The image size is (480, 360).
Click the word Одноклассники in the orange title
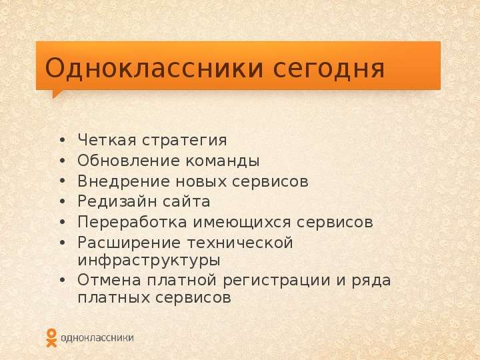(x=154, y=68)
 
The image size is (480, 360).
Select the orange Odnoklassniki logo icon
(x=51, y=337)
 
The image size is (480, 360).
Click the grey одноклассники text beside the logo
(x=97, y=338)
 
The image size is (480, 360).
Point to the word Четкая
(x=107, y=140)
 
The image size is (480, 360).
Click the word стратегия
(x=184, y=141)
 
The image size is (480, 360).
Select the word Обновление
(x=129, y=161)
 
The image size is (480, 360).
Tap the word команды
(x=223, y=161)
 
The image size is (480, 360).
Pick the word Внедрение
(x=123, y=181)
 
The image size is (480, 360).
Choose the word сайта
(x=186, y=202)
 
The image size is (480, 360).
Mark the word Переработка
(x=132, y=222)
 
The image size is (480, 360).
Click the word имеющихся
(x=241, y=223)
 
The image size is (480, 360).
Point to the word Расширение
(x=129, y=243)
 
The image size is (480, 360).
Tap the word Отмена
(x=109, y=280)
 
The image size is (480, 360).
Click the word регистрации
(x=277, y=281)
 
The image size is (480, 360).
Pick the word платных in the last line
(x=113, y=298)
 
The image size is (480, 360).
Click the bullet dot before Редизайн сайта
(x=63, y=201)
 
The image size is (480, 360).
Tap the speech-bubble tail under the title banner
(x=56, y=93)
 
